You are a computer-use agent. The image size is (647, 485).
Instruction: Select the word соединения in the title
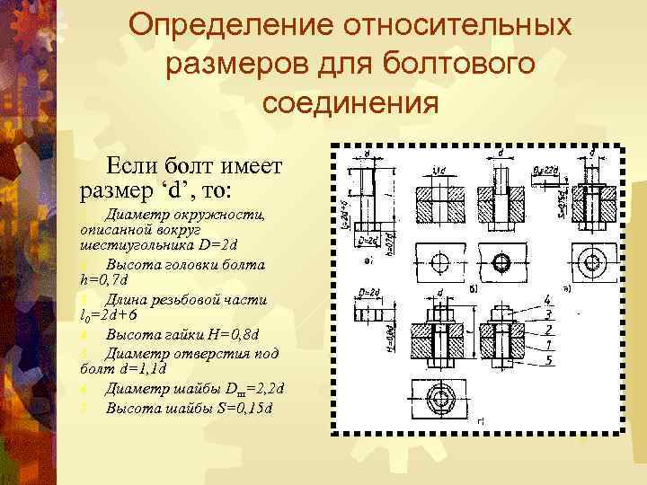(350, 103)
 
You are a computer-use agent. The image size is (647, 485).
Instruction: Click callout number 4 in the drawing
(546, 299)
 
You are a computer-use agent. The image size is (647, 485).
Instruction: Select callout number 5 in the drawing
(546, 359)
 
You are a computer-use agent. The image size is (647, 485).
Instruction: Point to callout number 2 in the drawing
(546, 329)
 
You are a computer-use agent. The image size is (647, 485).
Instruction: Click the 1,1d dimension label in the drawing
(438, 169)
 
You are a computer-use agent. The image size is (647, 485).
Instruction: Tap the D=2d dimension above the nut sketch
(369, 292)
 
